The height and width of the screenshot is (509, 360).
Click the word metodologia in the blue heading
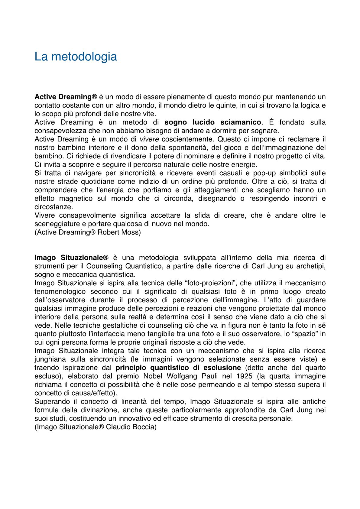(x=84, y=57)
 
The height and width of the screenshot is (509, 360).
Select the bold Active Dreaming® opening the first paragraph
(x=66, y=97)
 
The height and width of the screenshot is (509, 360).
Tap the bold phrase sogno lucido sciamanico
(x=213, y=122)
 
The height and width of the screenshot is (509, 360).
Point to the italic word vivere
(x=149, y=139)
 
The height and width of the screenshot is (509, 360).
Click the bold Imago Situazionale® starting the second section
(x=71, y=258)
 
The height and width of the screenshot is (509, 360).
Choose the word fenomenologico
(x=60, y=292)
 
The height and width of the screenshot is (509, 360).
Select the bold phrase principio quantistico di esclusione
(x=178, y=368)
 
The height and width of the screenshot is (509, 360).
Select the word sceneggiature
(x=60, y=224)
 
